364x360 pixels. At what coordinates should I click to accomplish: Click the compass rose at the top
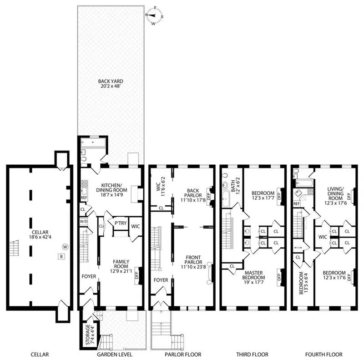tap(154, 15)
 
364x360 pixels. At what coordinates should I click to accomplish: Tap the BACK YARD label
tap(111, 81)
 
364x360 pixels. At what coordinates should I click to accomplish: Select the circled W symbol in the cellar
tap(65, 247)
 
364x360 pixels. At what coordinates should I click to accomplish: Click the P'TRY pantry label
tap(120, 224)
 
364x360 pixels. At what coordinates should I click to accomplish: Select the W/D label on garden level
tap(83, 222)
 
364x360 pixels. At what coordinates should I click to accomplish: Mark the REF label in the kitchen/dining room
tap(84, 198)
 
